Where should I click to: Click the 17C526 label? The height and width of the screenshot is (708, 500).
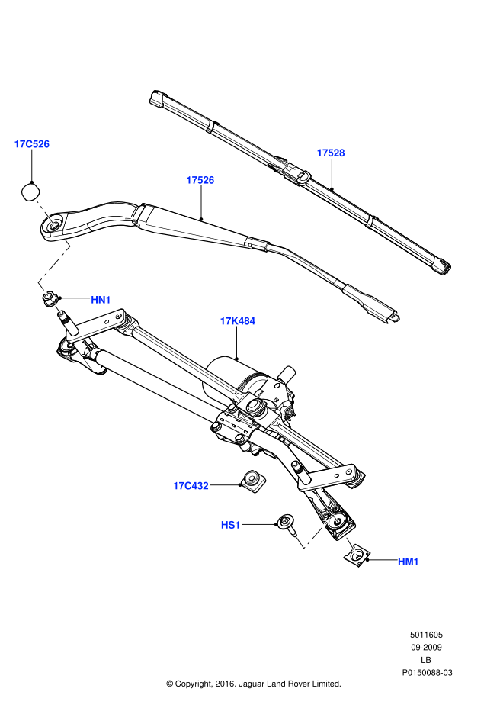[31, 144]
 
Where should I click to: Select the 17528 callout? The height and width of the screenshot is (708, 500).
[331, 153]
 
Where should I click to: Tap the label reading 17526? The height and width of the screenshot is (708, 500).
[200, 180]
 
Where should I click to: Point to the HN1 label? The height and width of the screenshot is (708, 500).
[101, 300]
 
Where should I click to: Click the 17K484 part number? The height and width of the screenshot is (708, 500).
[238, 321]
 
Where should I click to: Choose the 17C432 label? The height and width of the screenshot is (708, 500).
[191, 486]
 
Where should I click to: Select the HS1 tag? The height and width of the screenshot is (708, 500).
[230, 525]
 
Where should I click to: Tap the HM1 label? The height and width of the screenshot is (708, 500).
[408, 562]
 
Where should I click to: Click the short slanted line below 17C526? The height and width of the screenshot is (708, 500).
[45, 212]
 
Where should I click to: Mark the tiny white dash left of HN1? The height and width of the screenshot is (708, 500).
[58, 309]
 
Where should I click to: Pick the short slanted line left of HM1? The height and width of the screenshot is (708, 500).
[351, 545]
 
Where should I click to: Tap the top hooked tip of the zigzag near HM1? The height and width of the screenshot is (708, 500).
[335, 517]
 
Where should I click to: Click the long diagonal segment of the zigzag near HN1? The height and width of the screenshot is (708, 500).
[53, 264]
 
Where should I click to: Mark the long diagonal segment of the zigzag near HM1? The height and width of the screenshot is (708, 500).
[318, 532]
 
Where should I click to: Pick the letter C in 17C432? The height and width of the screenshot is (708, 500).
[187, 486]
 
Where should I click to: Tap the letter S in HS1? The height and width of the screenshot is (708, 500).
[231, 525]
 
